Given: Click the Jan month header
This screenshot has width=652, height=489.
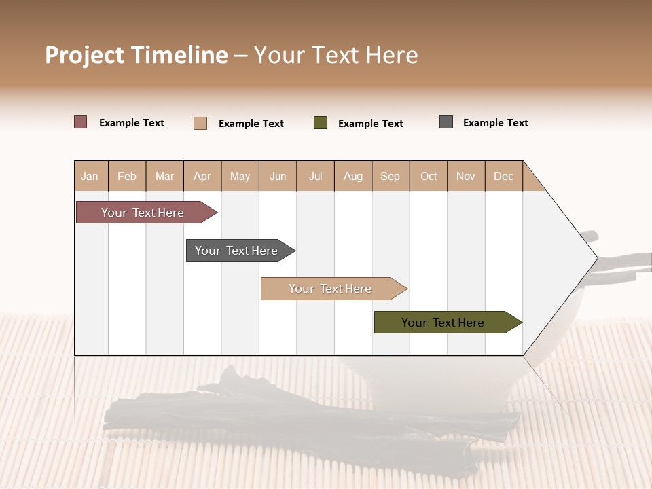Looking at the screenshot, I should pos(90,176).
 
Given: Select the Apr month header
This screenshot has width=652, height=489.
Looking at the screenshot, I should pos(202,176).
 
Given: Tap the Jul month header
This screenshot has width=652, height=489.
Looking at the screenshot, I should pos(315,176).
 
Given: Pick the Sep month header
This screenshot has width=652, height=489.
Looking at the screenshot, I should pos(390,176).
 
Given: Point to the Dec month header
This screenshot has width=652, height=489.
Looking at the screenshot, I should pos(503,176).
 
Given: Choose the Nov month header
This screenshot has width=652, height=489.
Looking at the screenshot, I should pos(465,176).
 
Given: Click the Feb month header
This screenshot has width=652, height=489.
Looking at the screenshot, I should pos(127,176).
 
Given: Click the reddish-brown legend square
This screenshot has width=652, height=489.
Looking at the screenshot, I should pos(80,122).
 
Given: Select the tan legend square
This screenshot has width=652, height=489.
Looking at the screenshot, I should pos(200,123).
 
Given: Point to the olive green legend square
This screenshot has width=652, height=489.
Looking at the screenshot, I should pos(321,123).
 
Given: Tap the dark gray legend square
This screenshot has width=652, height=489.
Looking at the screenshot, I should pos(446,122).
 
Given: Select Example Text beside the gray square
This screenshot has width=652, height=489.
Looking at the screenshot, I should pos(495,123).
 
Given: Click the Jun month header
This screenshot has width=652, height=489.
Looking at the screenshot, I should pos(278,176).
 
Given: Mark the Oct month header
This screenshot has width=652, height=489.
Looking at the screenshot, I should pos(429,176).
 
